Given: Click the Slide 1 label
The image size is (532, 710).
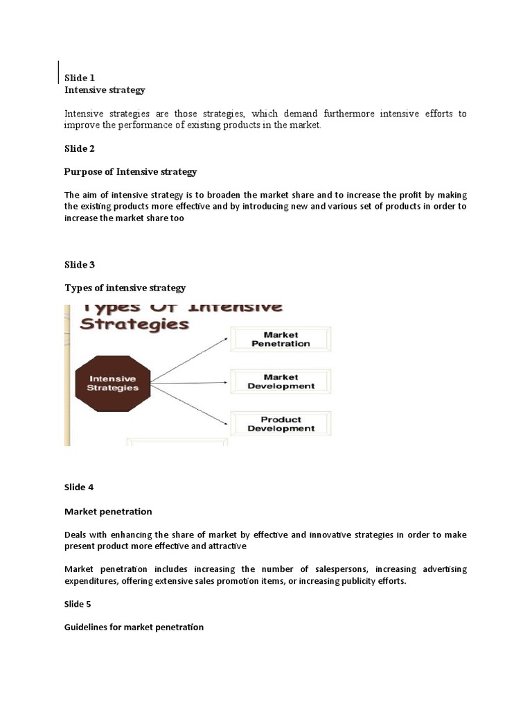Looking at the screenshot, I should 80,78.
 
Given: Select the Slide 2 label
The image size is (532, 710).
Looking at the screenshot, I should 80,148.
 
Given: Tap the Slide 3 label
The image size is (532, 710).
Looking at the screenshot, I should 80,264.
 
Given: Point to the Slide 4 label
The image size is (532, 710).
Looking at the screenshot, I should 79,487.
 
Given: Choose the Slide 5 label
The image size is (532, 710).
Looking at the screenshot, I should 79,603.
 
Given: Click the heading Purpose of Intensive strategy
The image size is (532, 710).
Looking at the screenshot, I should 131,171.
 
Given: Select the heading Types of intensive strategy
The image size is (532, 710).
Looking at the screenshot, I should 125,287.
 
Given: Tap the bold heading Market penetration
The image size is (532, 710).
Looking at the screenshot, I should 108,511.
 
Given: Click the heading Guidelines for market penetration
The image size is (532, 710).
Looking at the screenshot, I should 134,627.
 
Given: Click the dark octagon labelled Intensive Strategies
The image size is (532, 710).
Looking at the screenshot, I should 112,383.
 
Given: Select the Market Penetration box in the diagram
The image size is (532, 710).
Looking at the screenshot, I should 281,339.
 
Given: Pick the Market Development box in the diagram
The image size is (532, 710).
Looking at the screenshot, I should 281,382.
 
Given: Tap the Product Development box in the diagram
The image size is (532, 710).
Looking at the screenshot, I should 281,424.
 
